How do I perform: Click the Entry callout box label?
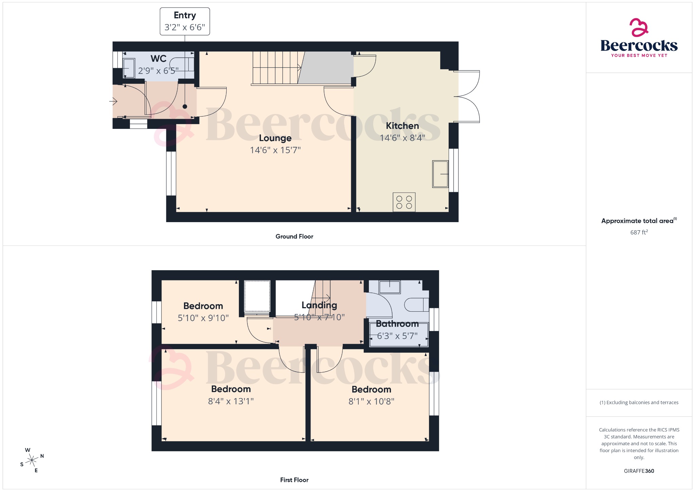click(x=185, y=16)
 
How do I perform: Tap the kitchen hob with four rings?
click(x=404, y=202)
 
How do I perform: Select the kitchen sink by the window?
click(x=440, y=174)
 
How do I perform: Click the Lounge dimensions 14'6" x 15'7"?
click(x=275, y=150)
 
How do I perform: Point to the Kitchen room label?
click(x=402, y=126)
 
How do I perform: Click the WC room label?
click(x=158, y=59)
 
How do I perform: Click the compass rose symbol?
click(x=32, y=460)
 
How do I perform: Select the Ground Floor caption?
click(x=294, y=236)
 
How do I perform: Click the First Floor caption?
click(x=294, y=480)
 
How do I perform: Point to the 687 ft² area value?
click(x=639, y=232)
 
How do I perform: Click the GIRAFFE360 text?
click(x=639, y=471)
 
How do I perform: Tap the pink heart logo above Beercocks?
click(x=639, y=27)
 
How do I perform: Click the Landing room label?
click(x=319, y=305)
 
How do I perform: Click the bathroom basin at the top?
click(x=390, y=287)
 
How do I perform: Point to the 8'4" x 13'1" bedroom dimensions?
click(x=231, y=401)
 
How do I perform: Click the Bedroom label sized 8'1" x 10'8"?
click(x=371, y=389)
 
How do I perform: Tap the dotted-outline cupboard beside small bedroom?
click(x=257, y=296)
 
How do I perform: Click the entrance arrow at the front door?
click(x=114, y=101)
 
